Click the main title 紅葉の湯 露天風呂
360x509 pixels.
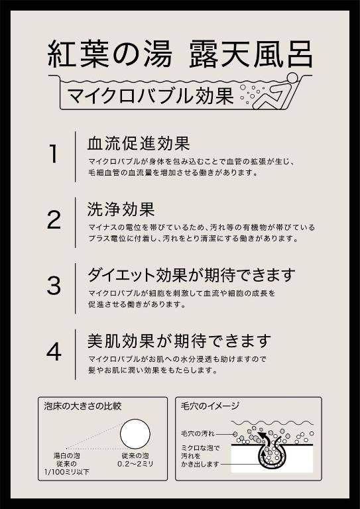click(180, 54)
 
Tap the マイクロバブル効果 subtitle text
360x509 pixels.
click(150, 95)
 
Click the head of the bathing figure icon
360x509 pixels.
click(292, 78)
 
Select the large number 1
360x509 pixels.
click(53, 154)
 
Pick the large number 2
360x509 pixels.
click(54, 220)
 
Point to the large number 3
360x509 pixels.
click(54, 286)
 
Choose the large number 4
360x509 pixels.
click(54, 351)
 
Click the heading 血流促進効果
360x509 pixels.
click(139, 144)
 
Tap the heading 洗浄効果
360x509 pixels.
click(121, 209)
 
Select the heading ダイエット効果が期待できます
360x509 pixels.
click(191, 276)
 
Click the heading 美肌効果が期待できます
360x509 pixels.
click(179, 341)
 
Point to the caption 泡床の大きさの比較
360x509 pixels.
click(83, 406)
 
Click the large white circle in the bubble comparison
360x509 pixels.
click(135, 433)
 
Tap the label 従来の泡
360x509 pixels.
click(135, 456)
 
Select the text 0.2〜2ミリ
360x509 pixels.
click(135, 464)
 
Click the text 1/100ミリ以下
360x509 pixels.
click(66, 472)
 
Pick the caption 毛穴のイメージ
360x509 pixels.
click(210, 406)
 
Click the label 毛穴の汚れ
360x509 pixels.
click(198, 433)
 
